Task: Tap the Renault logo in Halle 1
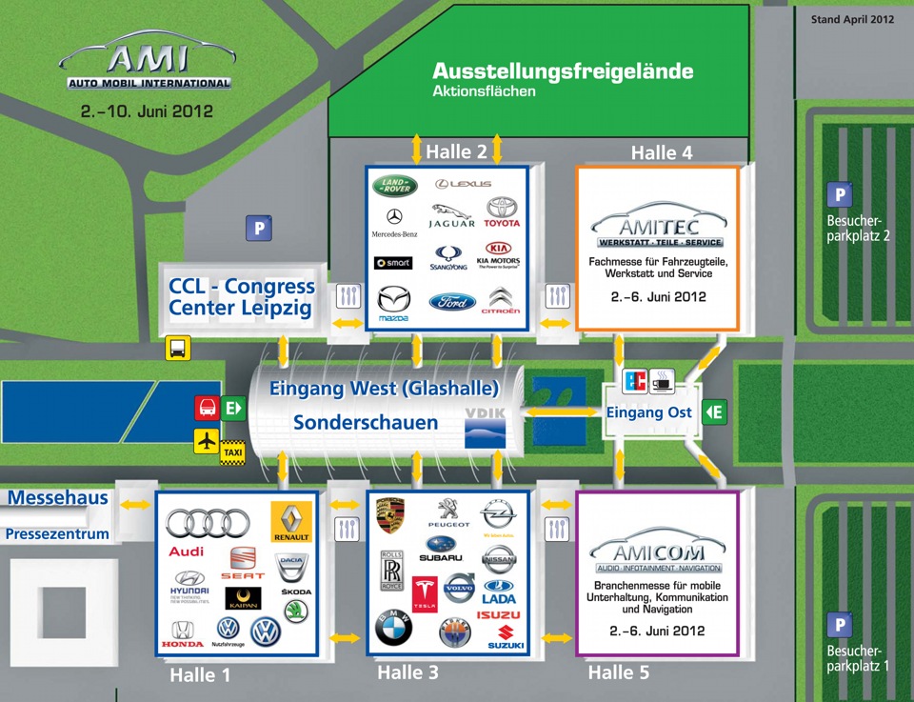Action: (291, 522)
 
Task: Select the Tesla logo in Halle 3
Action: (425, 593)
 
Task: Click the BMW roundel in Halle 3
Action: (393, 630)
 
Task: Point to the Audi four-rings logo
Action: (208, 522)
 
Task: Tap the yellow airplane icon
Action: (207, 441)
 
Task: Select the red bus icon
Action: (207, 409)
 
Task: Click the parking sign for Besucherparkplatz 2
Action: (839, 195)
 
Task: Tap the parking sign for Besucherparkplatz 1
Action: (839, 626)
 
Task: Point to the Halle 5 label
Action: (618, 672)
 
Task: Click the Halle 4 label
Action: (662, 152)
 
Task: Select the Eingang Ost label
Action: (648, 412)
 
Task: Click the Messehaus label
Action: (58, 498)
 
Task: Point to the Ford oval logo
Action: (451, 302)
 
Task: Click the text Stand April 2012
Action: (852, 19)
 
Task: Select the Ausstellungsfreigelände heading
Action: (563, 71)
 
